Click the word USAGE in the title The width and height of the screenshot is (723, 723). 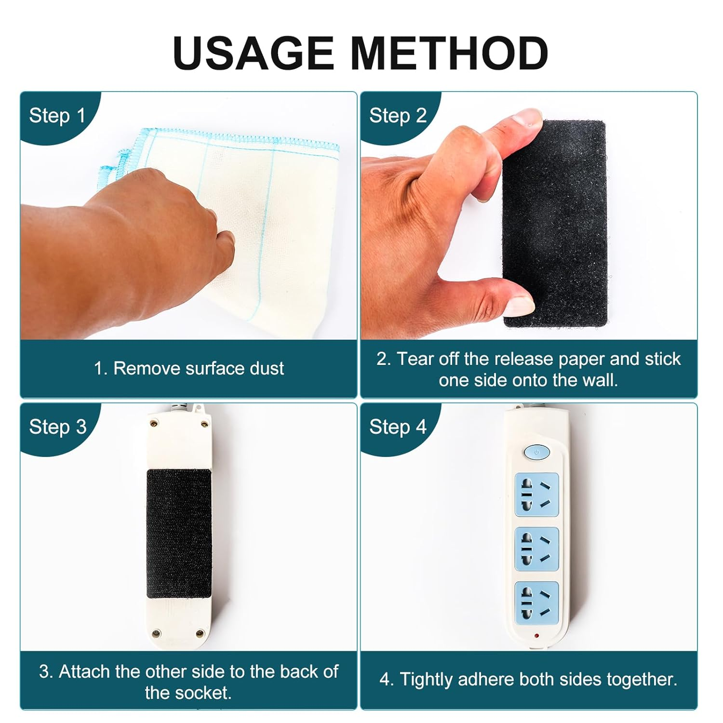point(254,53)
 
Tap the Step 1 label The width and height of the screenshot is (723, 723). point(57,116)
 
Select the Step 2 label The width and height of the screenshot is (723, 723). point(398,116)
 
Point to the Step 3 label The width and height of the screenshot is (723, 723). point(58,427)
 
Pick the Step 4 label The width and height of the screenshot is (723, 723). point(398,427)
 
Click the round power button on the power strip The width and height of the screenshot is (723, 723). point(536,452)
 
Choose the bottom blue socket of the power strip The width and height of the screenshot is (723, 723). point(536,603)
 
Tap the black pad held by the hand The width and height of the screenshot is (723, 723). point(554,224)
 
